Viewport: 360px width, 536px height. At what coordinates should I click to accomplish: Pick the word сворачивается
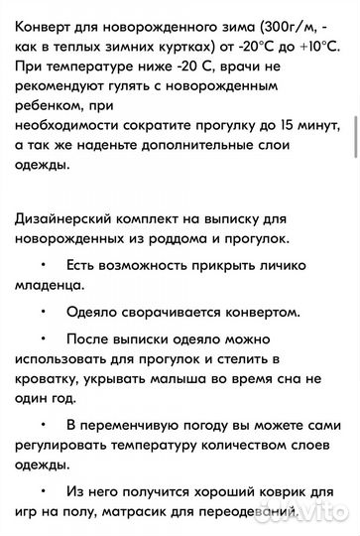(177, 311)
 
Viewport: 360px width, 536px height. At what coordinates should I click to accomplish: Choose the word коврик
(293, 490)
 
